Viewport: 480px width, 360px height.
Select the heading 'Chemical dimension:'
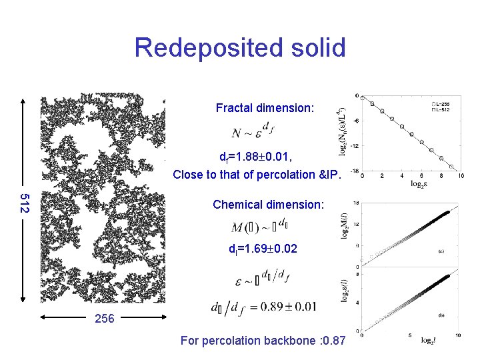coord(267,205)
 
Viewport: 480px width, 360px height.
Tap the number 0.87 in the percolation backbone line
coord(333,341)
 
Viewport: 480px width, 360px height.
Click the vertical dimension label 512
coord(25,203)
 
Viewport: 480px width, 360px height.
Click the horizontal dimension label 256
coord(104,319)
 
